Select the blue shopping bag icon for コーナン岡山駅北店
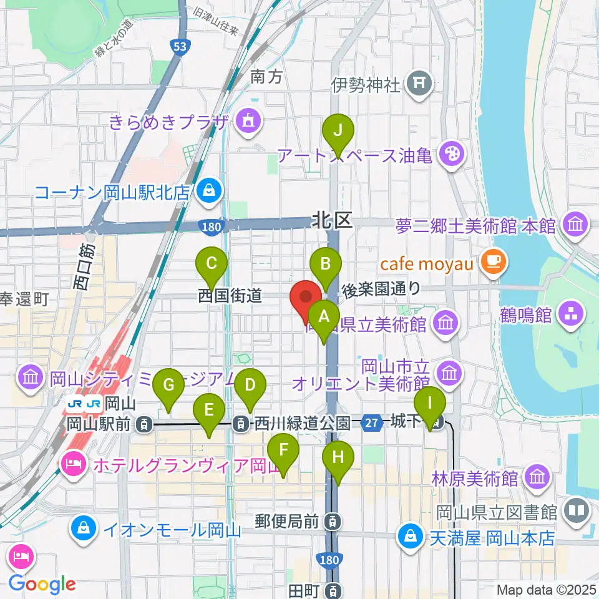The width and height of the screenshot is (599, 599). tap(207, 192)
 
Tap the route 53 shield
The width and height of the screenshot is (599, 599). tap(180, 47)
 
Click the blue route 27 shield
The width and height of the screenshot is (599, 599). tap(372, 424)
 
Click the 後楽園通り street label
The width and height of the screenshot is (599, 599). tap(381, 289)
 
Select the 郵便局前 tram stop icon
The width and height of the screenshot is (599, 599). tap(335, 520)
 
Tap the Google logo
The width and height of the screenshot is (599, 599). tap(42, 583)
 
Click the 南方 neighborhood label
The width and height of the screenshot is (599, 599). tap(267, 77)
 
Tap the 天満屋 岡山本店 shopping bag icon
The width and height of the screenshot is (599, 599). tap(412, 536)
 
